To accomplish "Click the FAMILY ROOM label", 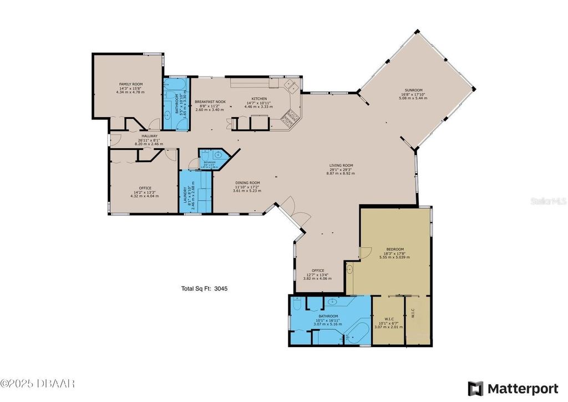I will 130,84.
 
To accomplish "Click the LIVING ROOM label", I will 341,165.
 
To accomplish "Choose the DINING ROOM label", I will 247,183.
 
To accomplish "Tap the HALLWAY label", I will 149,136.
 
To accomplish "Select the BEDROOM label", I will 394,249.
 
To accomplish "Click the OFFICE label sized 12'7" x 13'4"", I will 317,271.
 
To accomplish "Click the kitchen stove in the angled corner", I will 291,117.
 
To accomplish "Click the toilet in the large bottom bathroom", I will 297,305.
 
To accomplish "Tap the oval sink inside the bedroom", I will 349,270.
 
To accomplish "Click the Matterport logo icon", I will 475,388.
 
